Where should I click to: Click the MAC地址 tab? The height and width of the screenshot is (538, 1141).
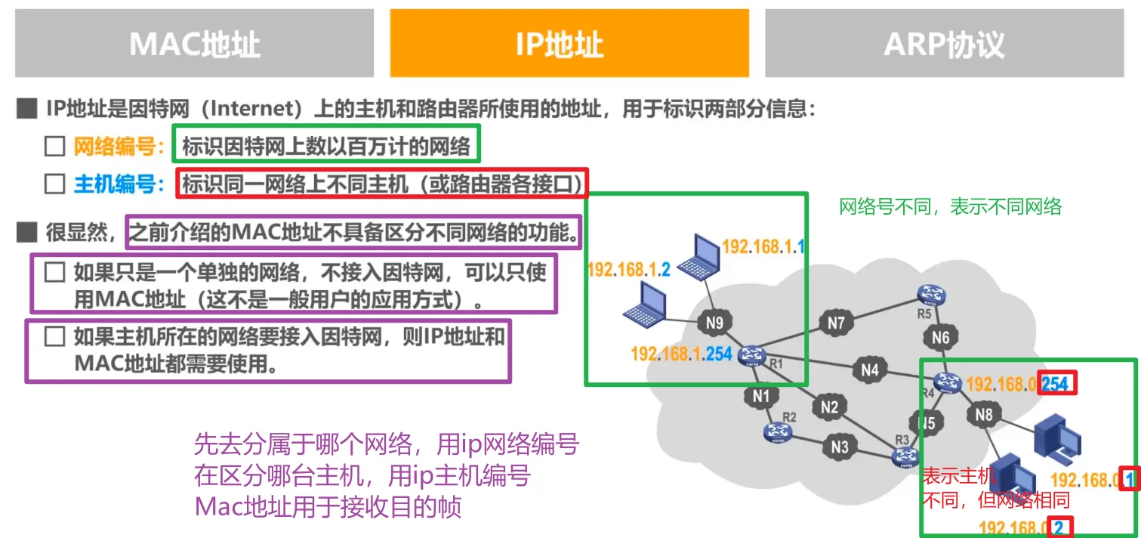(x=194, y=43)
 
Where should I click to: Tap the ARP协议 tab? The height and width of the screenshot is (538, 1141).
(x=944, y=43)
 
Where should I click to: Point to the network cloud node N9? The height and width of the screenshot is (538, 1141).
(x=714, y=323)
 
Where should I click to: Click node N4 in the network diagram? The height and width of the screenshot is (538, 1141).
(x=870, y=370)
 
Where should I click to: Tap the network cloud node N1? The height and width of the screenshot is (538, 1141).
(x=760, y=395)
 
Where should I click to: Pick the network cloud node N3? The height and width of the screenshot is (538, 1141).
(x=840, y=447)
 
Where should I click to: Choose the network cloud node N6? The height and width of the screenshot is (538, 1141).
(x=940, y=338)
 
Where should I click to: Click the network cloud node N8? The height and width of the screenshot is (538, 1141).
(x=983, y=414)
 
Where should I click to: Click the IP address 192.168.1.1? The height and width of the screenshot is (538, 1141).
(x=764, y=246)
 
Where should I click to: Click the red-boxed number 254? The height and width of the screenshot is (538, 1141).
(x=1056, y=384)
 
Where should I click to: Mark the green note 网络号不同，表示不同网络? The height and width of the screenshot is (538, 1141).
(x=951, y=207)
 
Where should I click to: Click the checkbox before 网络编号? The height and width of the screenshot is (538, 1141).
(x=54, y=147)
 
